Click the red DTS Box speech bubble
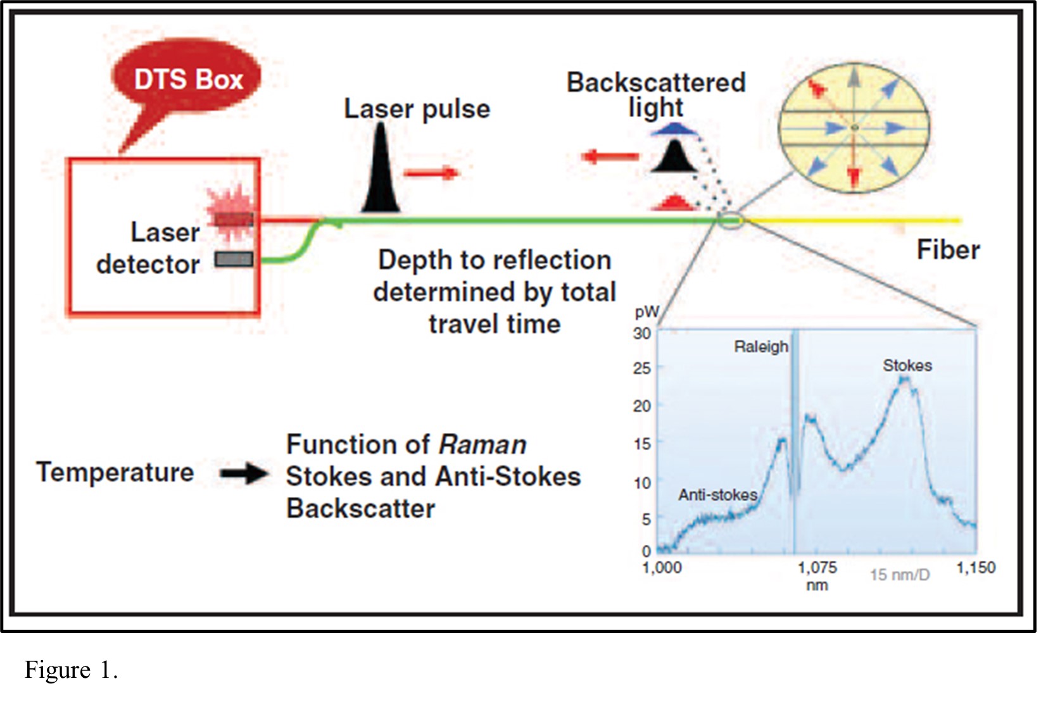(x=187, y=78)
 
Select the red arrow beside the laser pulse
(x=431, y=172)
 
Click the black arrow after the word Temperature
(x=243, y=473)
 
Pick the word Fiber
(x=948, y=250)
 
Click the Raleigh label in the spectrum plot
(x=761, y=347)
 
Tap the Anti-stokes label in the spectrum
(x=717, y=495)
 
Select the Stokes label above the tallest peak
(x=907, y=366)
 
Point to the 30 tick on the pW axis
(x=641, y=334)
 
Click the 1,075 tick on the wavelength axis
(x=817, y=568)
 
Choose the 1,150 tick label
(x=976, y=568)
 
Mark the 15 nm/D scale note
(x=900, y=575)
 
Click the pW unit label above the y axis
(x=647, y=311)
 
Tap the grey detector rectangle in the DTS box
(x=234, y=259)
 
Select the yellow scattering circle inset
(x=854, y=128)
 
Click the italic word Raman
(x=483, y=445)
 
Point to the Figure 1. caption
(x=71, y=670)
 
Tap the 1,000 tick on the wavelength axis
(x=662, y=568)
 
